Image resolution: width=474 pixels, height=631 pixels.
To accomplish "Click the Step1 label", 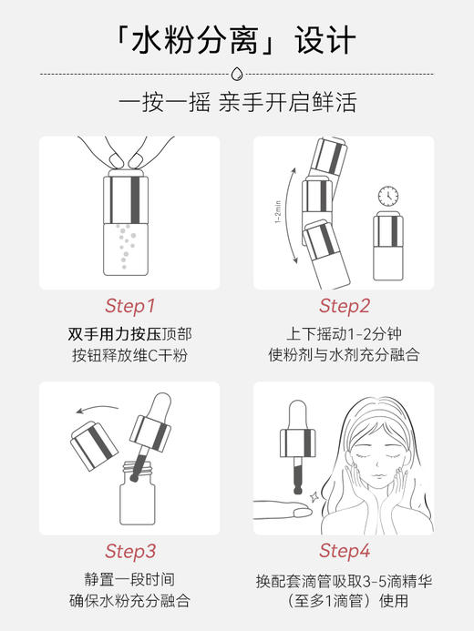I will [130, 305].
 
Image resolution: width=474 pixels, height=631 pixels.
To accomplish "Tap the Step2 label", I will [345, 305].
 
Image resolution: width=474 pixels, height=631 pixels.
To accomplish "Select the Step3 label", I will [130, 551].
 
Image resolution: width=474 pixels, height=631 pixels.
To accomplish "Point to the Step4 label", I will [345, 551].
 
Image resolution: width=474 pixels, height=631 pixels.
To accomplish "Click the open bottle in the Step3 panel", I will [134, 494].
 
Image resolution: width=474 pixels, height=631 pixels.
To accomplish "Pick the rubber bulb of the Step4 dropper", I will [297, 414].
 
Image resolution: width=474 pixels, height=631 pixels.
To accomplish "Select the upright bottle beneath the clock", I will [389, 248].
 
